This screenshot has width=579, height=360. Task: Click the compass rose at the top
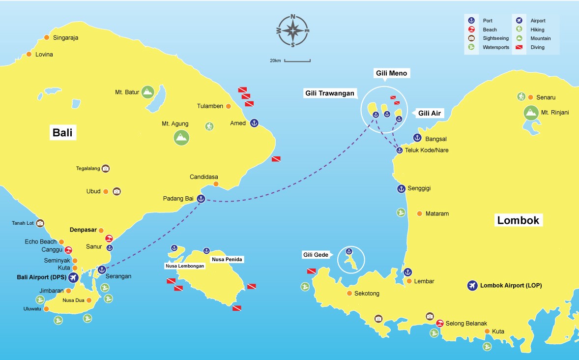click(293, 30)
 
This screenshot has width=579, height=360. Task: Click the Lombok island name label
click(518, 220)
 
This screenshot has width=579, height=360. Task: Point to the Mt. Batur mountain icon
click(147, 91)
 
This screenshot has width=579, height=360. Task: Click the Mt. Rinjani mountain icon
click(530, 113)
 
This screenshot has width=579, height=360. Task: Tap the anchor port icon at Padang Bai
click(201, 199)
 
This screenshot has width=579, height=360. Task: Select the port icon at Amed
click(254, 123)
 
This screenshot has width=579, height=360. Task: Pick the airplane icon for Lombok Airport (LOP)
click(472, 285)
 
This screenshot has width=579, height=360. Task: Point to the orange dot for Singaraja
click(47, 37)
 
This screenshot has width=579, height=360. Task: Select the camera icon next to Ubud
click(116, 191)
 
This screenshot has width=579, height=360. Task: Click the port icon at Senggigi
click(401, 188)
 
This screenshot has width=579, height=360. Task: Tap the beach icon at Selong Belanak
click(440, 323)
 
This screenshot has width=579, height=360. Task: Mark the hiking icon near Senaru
click(521, 97)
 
